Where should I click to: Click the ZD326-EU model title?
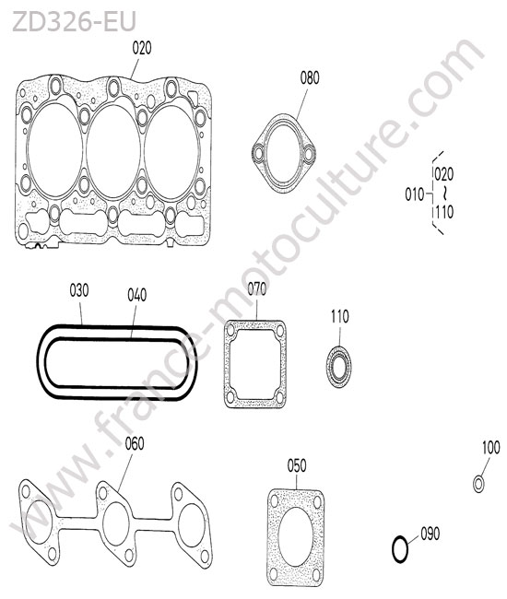[x=74, y=21]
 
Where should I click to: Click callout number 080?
[x=310, y=78]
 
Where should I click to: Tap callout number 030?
[x=79, y=290]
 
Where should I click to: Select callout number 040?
[x=136, y=295]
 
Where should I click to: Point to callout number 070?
[x=257, y=289]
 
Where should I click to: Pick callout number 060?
[x=135, y=443]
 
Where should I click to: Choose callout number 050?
[x=297, y=465]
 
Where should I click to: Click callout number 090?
[x=430, y=534]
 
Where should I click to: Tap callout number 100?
[x=491, y=448]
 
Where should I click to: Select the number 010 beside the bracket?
[x=415, y=194]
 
